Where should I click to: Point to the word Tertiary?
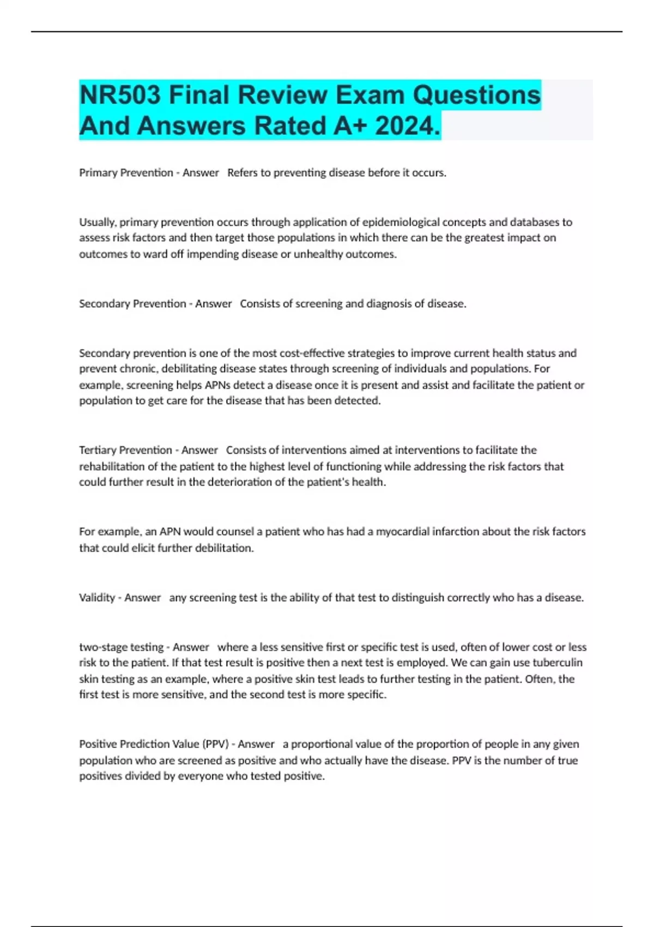(x=98, y=450)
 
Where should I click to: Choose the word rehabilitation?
(x=112, y=466)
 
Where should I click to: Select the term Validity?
(x=96, y=598)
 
